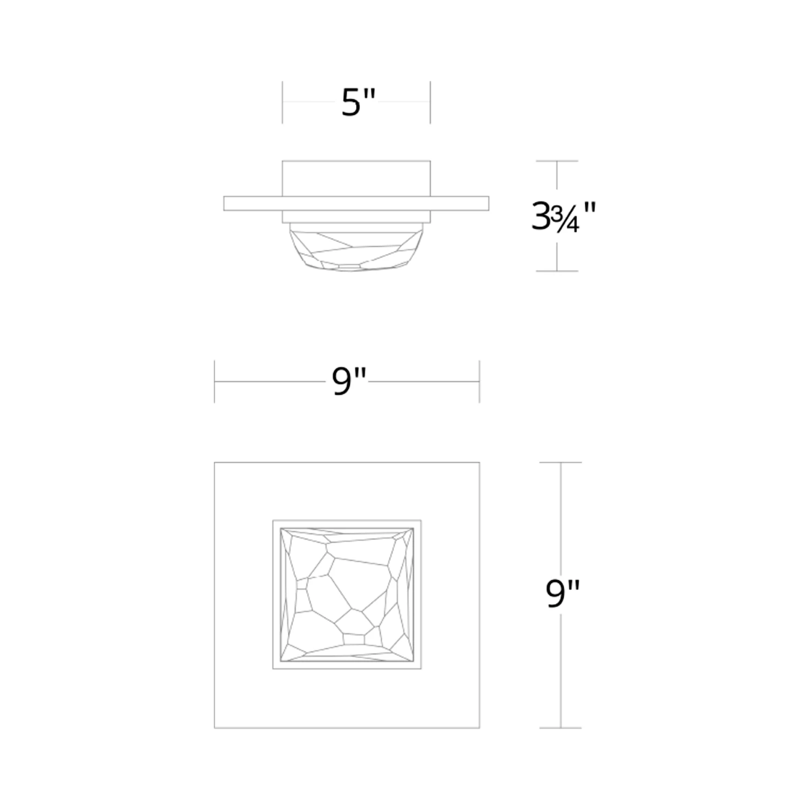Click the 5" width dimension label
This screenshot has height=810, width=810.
(x=358, y=102)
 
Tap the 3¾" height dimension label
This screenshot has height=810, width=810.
(x=563, y=217)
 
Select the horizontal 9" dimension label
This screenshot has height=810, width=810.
(x=349, y=381)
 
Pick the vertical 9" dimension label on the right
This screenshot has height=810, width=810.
(x=562, y=594)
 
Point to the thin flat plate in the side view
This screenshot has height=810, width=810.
(x=356, y=204)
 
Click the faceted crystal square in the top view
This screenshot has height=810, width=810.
(x=347, y=595)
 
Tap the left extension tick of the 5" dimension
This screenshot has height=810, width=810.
(x=282, y=102)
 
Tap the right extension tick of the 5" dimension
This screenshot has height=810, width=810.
(x=430, y=102)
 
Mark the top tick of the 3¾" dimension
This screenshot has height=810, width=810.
(x=557, y=161)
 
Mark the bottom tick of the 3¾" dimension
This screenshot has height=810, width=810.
(x=557, y=271)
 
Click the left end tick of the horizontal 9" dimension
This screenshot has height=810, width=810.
(x=214, y=381)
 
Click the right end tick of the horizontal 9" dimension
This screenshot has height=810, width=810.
(x=480, y=381)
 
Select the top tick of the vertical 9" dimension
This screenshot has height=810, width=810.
(x=561, y=462)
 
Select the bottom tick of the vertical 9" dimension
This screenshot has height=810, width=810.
(x=561, y=728)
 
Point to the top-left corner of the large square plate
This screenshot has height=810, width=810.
(x=215, y=463)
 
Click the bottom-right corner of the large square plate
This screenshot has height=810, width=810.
(x=480, y=728)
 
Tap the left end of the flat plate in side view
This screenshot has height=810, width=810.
(x=225, y=204)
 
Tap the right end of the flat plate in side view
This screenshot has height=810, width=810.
(x=488, y=204)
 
